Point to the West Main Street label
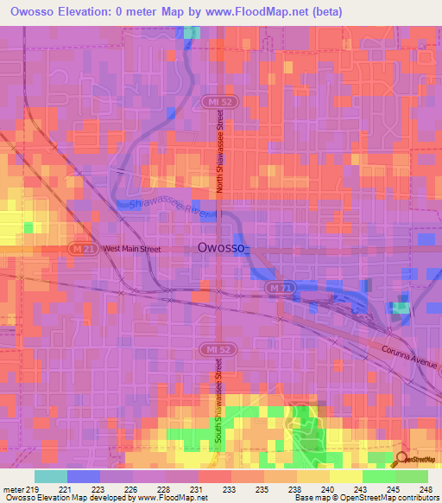coord(132,249)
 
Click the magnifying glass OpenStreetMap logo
coord(402,460)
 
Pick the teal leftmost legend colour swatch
coord(50,476)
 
